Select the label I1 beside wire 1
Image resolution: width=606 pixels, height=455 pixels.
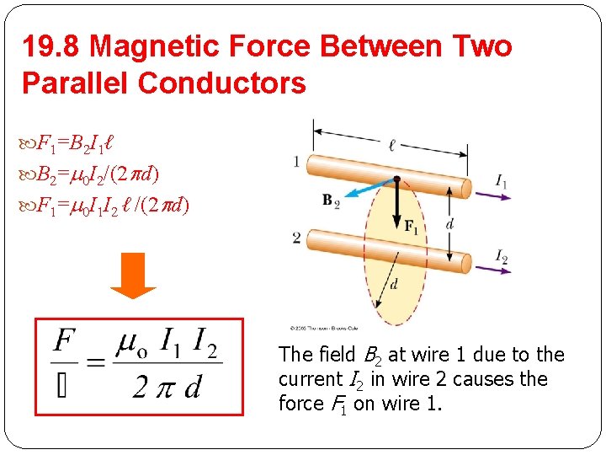tap(502, 180)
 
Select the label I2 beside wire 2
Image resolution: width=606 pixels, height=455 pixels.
tap(502, 255)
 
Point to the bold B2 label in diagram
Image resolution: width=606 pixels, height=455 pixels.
tap(331, 201)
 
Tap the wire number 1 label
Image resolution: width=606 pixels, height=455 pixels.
tap(296, 160)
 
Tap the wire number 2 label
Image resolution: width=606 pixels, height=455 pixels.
tap(296, 238)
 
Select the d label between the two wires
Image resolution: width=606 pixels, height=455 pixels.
tap(450, 223)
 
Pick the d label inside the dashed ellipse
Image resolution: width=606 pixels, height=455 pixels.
tap(395, 284)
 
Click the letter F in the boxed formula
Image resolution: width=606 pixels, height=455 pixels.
tap(66, 342)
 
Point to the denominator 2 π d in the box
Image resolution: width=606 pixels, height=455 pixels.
tap(167, 388)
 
